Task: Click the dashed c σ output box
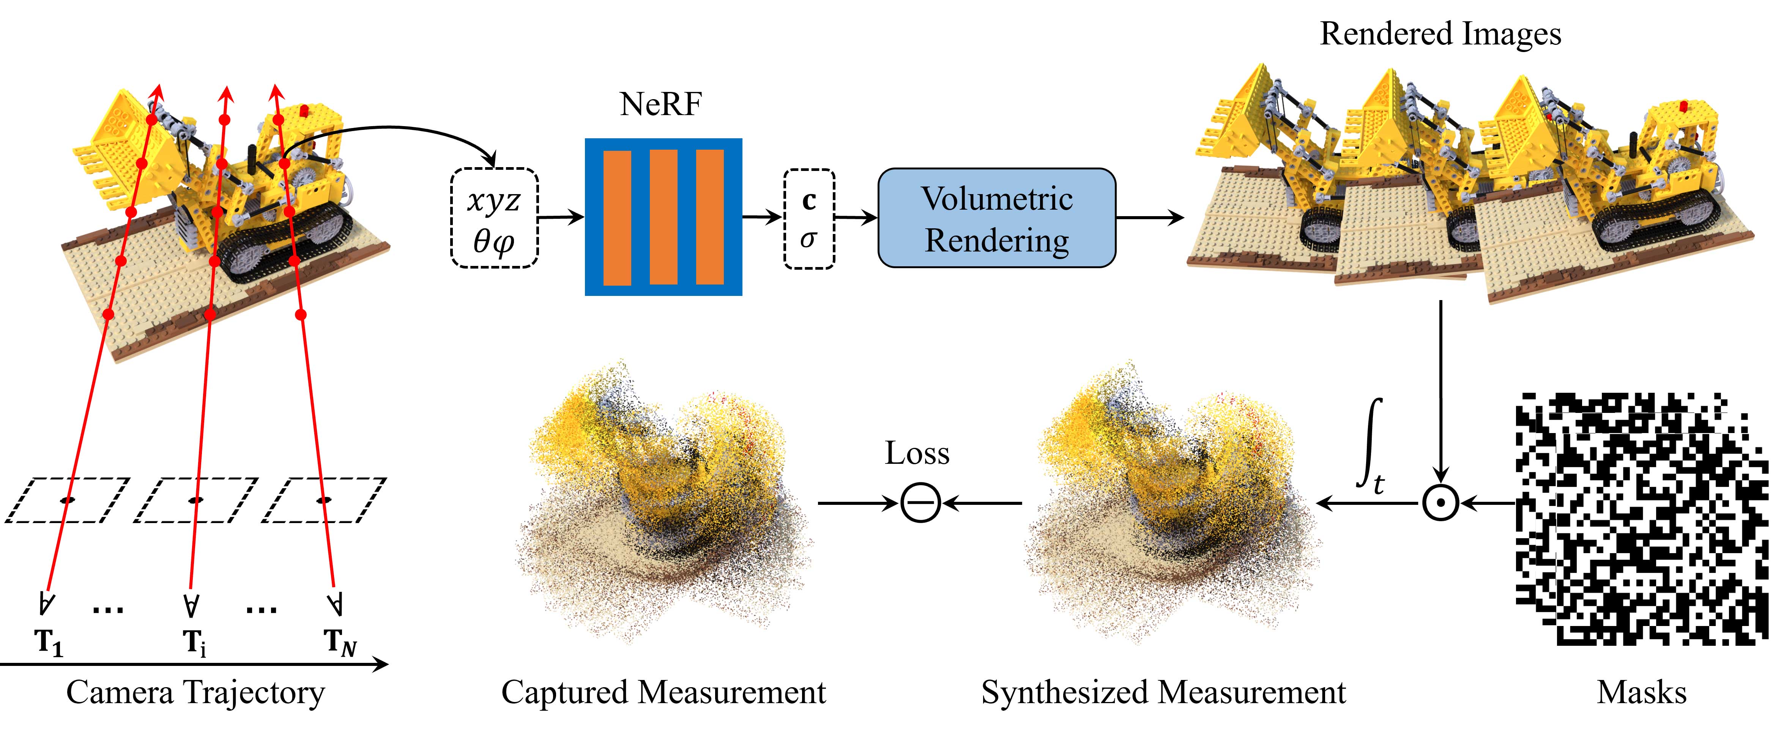(809, 218)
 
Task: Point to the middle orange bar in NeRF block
(663, 217)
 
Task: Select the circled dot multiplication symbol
(1440, 503)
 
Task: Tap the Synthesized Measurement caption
(1163, 692)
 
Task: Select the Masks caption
(1642, 692)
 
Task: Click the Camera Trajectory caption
(195, 692)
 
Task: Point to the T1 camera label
(48, 642)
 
